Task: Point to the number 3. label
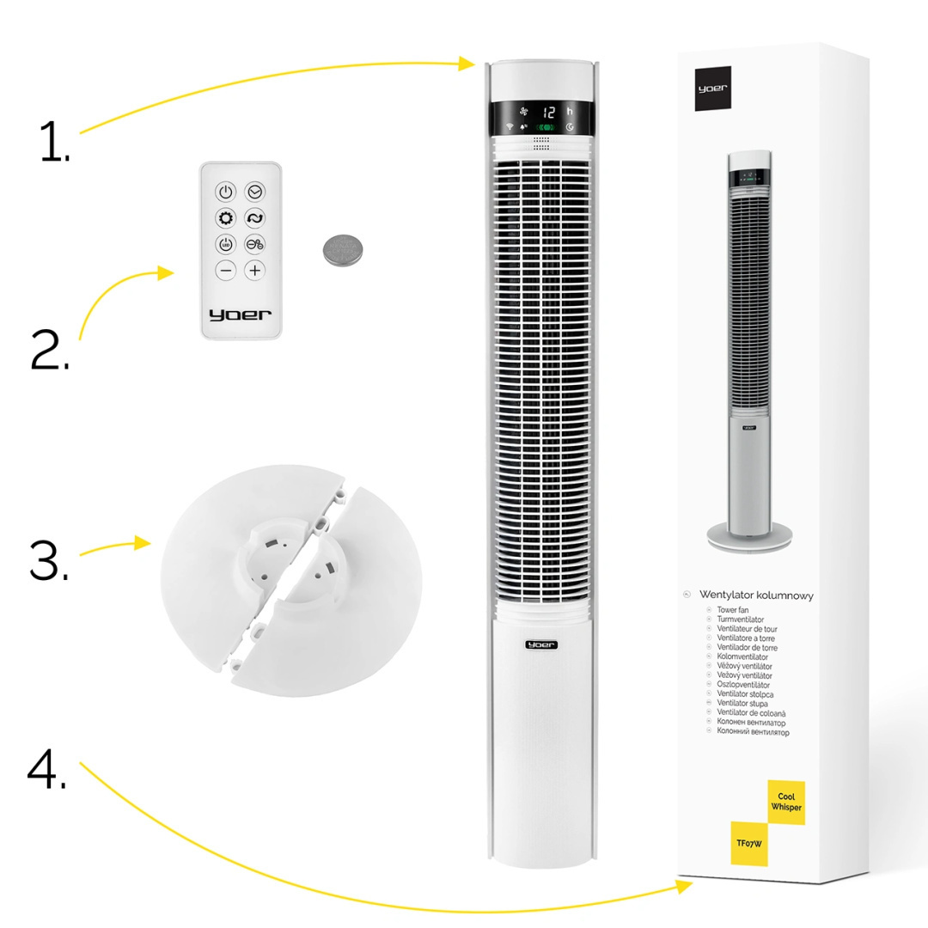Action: [x=49, y=561]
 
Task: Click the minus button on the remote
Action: [x=225, y=270]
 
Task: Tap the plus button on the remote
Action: [x=255, y=270]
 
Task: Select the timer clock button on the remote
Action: [x=255, y=192]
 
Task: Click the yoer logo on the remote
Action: [x=240, y=314]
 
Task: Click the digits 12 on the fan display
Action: [x=549, y=112]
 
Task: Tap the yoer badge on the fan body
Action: [x=541, y=644]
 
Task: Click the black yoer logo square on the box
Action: [x=713, y=88]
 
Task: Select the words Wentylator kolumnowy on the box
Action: [x=756, y=595]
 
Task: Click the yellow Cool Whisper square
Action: [x=785, y=803]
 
